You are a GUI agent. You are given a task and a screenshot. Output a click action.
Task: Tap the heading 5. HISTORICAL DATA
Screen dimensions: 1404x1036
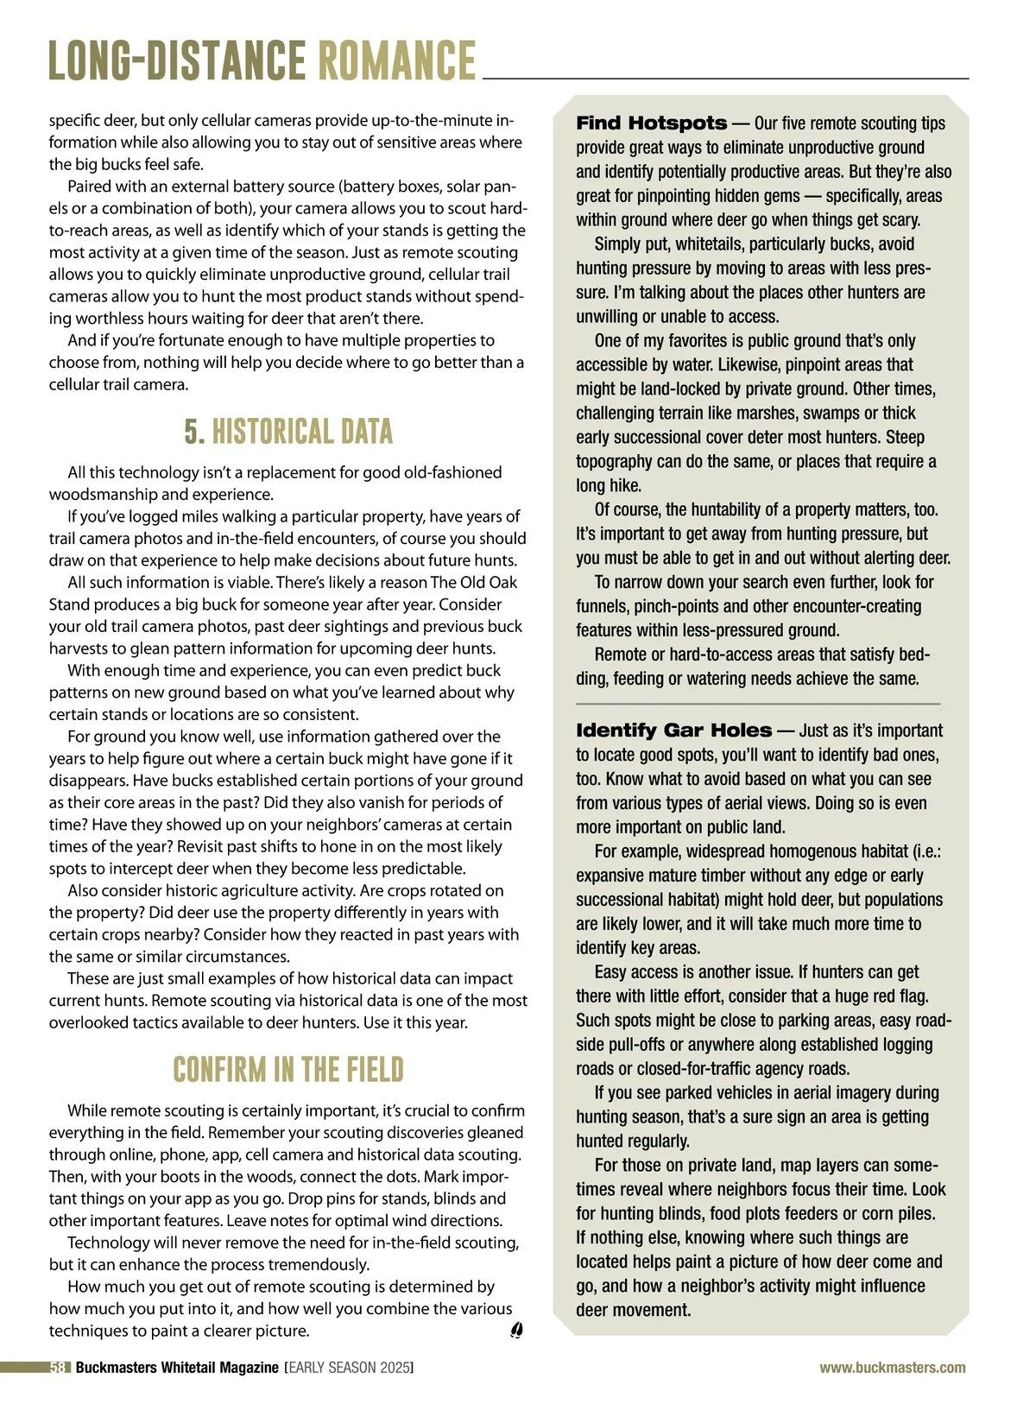(x=288, y=432)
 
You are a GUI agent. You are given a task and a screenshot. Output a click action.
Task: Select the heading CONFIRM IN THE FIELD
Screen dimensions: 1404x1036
(x=288, y=1070)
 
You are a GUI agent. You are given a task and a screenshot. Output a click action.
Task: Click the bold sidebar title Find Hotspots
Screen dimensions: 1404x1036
(x=652, y=123)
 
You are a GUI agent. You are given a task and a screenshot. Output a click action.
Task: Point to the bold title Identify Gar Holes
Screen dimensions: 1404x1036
(x=673, y=730)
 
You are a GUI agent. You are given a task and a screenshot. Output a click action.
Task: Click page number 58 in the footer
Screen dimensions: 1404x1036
(x=59, y=1368)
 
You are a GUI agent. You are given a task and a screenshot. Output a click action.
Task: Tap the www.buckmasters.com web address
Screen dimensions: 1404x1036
(x=893, y=1368)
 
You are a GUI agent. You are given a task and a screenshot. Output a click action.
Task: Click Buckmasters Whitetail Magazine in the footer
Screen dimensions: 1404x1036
(x=177, y=1368)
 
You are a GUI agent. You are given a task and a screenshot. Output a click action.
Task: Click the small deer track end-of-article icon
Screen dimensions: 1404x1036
(x=516, y=1331)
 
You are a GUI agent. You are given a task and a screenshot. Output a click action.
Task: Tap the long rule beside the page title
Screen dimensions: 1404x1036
(x=725, y=79)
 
